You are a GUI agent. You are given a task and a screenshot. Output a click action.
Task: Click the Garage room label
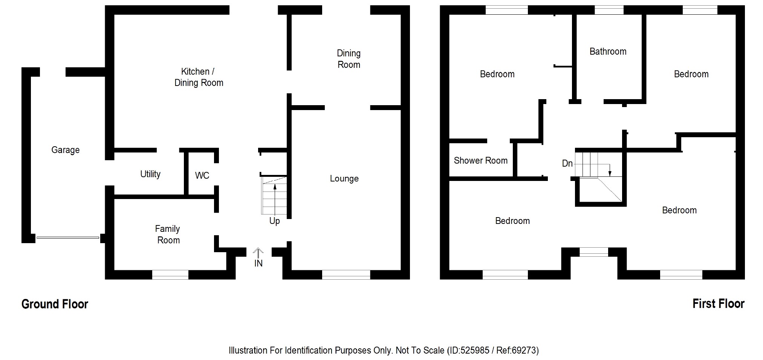click(x=65, y=150)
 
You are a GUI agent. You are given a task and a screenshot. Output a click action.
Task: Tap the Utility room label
click(x=150, y=174)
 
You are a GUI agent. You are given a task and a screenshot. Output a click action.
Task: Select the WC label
click(x=202, y=175)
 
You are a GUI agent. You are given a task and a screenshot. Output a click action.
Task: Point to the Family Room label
click(x=168, y=234)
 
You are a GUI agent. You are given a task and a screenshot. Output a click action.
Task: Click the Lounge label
click(x=344, y=179)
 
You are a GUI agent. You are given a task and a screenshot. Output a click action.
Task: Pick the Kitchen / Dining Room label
click(x=199, y=77)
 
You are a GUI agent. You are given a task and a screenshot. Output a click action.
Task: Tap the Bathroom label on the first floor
click(x=608, y=52)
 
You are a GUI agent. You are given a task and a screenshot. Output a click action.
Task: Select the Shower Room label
click(x=480, y=161)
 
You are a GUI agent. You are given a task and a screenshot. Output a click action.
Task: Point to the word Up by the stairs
click(x=274, y=221)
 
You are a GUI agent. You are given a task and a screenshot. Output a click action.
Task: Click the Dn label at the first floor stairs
click(x=567, y=163)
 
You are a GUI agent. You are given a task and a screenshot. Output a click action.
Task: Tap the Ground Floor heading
click(x=55, y=304)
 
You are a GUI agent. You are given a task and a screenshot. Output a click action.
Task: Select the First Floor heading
click(x=718, y=304)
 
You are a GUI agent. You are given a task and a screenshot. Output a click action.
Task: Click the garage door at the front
click(x=68, y=237)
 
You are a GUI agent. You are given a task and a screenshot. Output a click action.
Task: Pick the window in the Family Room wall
click(x=170, y=275)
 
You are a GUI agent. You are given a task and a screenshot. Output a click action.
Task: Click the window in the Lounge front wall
click(x=346, y=275)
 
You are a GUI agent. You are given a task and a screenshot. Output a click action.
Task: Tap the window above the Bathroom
click(x=609, y=10)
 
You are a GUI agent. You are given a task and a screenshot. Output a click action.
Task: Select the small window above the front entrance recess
click(x=593, y=252)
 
